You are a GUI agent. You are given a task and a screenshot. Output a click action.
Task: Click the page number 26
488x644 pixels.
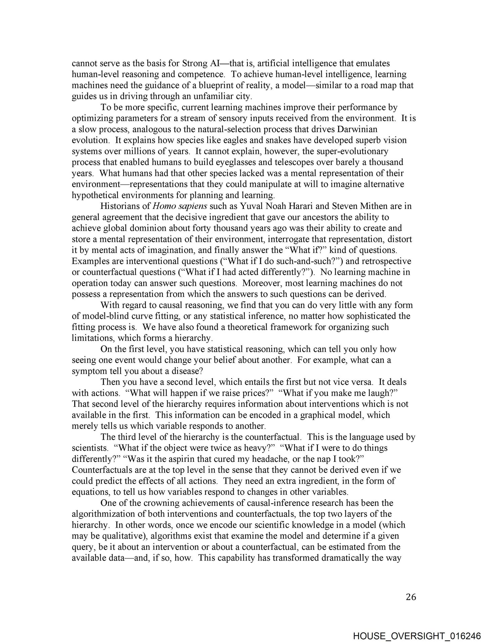[411, 597]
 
